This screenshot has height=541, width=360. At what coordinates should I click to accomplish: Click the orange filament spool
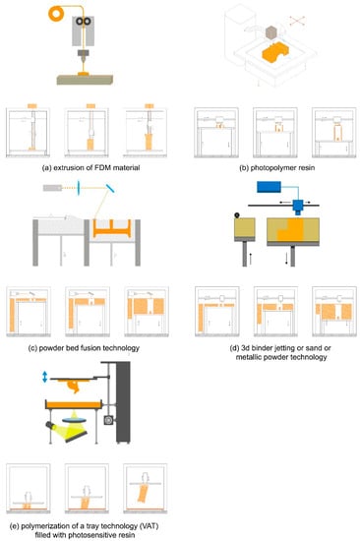pyautogui.click(x=55, y=14)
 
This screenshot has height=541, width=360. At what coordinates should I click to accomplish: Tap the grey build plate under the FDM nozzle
pyautogui.click(x=86, y=80)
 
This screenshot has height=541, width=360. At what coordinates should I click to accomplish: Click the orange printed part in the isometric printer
pyautogui.click(x=275, y=54)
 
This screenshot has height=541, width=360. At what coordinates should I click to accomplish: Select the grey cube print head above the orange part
pyautogui.click(x=272, y=32)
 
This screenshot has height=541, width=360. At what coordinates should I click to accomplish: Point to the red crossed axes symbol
pyautogui.click(x=297, y=21)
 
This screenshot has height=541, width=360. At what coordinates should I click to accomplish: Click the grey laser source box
pyautogui.click(x=52, y=188)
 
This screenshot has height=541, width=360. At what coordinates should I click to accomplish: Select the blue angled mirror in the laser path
pyautogui.click(x=110, y=188)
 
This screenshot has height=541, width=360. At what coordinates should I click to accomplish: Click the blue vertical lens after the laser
pyautogui.click(x=79, y=188)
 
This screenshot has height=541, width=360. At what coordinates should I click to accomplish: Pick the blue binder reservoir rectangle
pyautogui.click(x=269, y=187)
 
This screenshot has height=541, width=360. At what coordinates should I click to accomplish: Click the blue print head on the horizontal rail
pyautogui.click(x=297, y=207)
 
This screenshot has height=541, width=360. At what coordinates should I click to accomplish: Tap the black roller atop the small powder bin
pyautogui.click(x=237, y=215)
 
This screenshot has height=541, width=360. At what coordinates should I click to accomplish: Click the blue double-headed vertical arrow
pyautogui.click(x=44, y=377)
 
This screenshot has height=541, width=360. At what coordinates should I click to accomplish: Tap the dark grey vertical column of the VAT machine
pyautogui.click(x=123, y=402)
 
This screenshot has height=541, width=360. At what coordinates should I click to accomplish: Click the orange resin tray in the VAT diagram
pyautogui.click(x=74, y=404)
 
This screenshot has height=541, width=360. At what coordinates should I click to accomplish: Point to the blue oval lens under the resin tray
pyautogui.click(x=74, y=420)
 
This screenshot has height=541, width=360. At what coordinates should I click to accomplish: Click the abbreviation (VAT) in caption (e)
pyautogui.click(x=149, y=526)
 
